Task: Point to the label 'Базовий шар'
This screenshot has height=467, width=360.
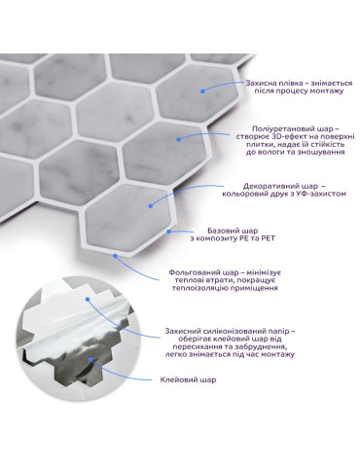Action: point(233,231)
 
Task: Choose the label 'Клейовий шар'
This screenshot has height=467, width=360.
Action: point(188,379)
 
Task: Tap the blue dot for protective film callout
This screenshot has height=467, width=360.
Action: point(202,91)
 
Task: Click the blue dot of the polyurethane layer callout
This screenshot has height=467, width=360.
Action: point(178,139)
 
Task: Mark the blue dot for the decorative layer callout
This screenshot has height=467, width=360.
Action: point(151,205)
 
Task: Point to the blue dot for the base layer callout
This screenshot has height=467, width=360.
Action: point(169,232)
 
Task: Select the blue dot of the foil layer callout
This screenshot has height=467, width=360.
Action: point(115,256)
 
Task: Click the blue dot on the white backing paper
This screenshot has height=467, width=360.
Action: point(88,300)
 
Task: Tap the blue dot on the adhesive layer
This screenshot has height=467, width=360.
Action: point(90,359)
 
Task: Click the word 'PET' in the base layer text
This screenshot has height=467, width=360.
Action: point(269,238)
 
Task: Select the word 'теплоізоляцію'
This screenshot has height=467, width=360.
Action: point(200,288)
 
